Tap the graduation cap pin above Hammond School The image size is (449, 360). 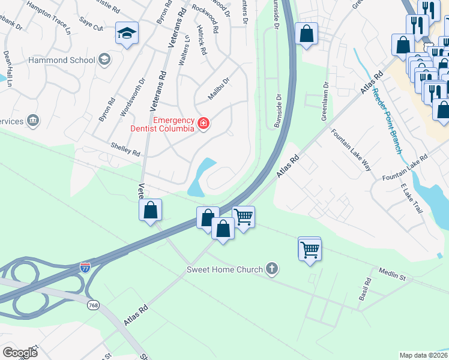click(x=127, y=34)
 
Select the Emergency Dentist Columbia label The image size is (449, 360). click(x=173, y=124)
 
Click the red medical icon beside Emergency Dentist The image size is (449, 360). click(x=203, y=124)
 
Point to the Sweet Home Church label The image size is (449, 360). click(x=224, y=269)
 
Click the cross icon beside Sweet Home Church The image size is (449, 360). click(x=272, y=269)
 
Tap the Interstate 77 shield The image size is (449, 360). click(x=86, y=265)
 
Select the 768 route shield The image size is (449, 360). click(x=92, y=306)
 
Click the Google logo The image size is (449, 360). click(x=20, y=352)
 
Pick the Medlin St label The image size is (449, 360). click(x=393, y=275)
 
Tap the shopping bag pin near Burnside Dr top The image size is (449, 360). click(x=306, y=35)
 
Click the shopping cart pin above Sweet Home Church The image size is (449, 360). click(x=310, y=249)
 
